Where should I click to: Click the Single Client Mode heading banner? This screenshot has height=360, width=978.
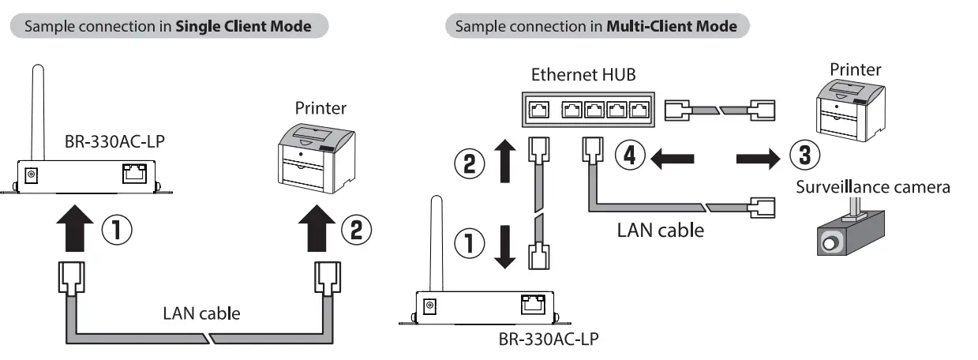168,26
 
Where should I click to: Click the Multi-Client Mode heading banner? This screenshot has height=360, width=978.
597,26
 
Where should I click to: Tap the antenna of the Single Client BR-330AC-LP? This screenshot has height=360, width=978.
35,110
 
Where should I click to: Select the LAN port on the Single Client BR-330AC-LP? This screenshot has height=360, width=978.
133,174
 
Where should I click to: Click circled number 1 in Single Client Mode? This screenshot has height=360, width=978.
116,230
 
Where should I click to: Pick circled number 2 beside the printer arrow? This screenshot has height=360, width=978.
356,230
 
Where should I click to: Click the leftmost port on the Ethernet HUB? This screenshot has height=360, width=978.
540,110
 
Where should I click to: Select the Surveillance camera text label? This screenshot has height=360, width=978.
871,188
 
